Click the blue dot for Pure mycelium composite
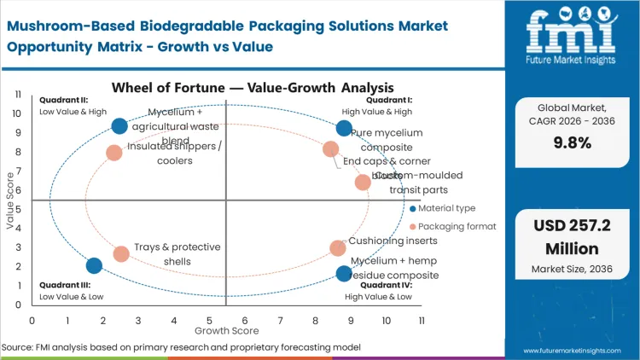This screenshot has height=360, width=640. [344, 129]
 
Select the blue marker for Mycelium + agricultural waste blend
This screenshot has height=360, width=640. [119, 126]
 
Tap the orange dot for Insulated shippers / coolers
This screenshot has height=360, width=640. [114, 153]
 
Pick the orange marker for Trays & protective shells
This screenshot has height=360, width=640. [121, 253]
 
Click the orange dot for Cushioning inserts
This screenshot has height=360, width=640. [338, 248]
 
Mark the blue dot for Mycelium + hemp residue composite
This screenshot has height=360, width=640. [344, 274]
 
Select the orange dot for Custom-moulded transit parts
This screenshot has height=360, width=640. [363, 182]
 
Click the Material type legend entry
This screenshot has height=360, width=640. [446, 208]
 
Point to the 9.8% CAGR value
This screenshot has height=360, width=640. [573, 142]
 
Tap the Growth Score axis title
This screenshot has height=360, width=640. [226, 329]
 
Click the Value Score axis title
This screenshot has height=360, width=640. [10, 201]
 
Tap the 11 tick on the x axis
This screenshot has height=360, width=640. [422, 320]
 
